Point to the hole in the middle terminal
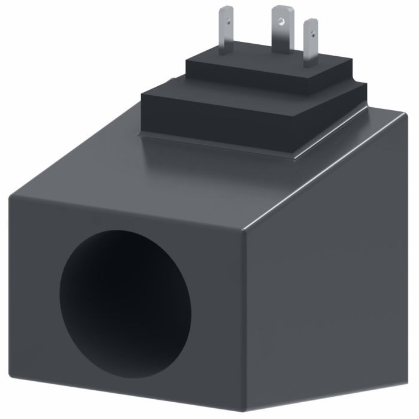tap(279, 21)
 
